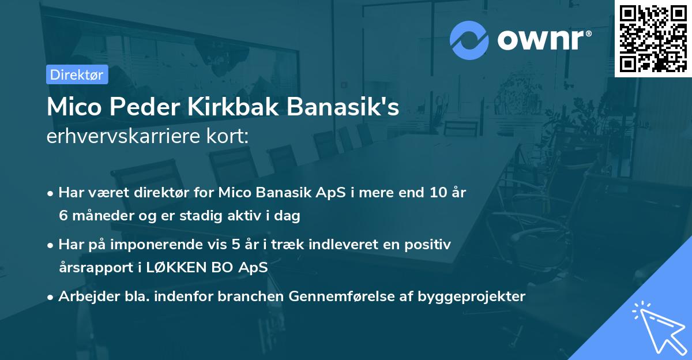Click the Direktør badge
point(77,74)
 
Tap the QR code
point(653,39)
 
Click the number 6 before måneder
point(62,216)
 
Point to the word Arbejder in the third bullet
point(83,297)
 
